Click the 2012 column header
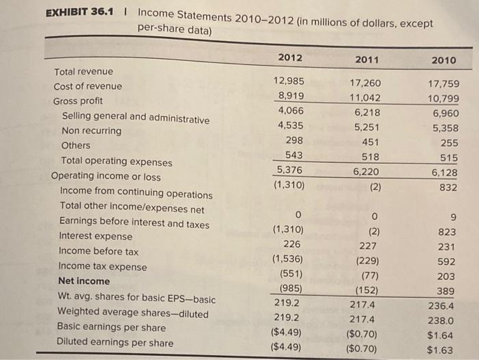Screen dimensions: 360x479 pyautogui.click(x=290, y=57)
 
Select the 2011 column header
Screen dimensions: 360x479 pyautogui.click(x=368, y=60)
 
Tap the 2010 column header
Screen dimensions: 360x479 pyautogui.click(x=445, y=61)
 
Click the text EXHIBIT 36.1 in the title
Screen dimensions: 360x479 pyautogui.click(x=77, y=13)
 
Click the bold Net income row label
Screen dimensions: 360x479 pyautogui.click(x=84, y=281)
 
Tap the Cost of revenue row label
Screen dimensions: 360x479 pyautogui.click(x=88, y=86)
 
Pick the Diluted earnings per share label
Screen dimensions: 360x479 pyautogui.click(x=114, y=342)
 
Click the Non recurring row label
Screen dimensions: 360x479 pyautogui.click(x=92, y=131)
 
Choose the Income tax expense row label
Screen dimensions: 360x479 pyautogui.click(x=102, y=266)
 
